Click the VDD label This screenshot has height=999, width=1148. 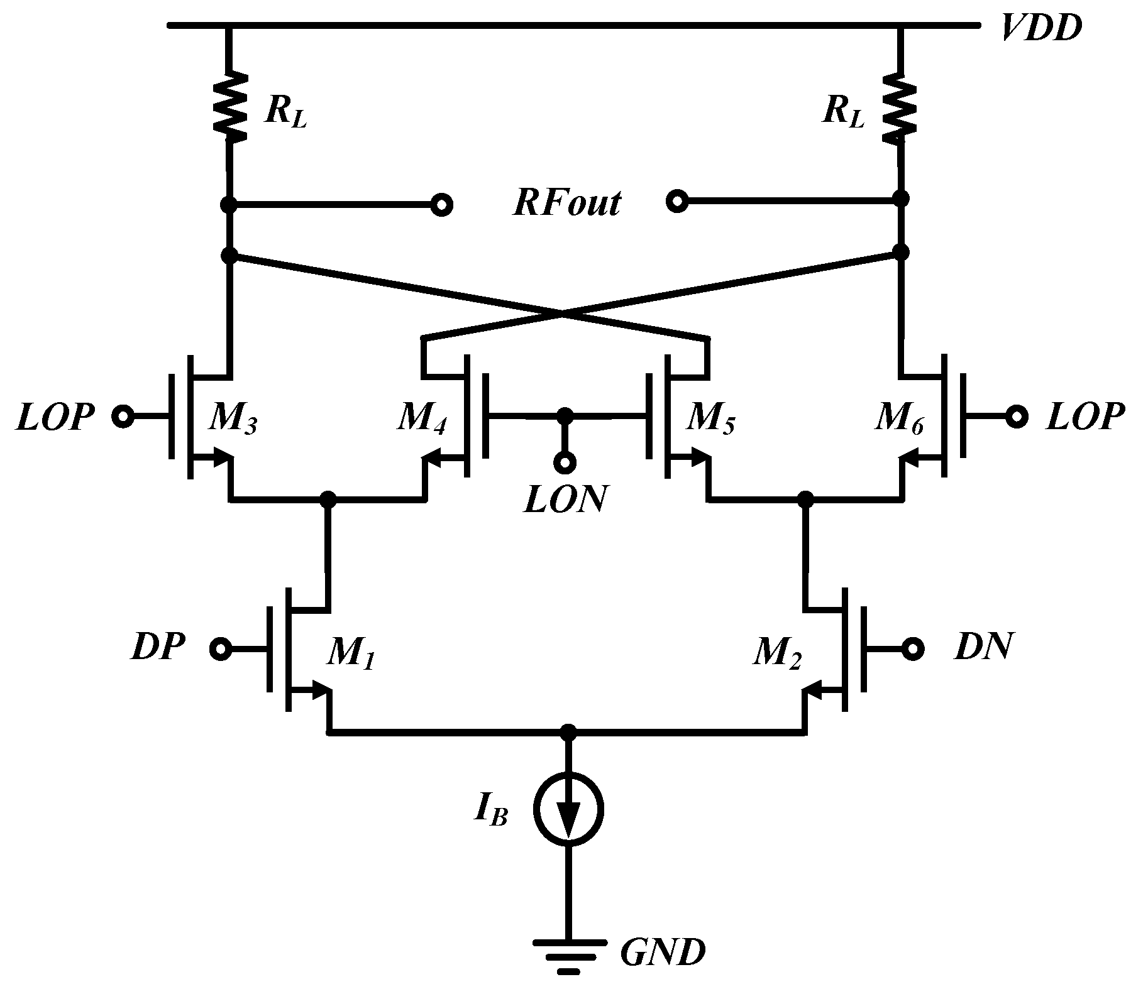tap(1040, 29)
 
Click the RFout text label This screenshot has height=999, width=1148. tap(566, 204)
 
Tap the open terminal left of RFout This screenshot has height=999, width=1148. tap(442, 205)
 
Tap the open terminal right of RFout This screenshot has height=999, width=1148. tap(676, 202)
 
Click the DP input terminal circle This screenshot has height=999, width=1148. tap(221, 650)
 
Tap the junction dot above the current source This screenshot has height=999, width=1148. tap(568, 732)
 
